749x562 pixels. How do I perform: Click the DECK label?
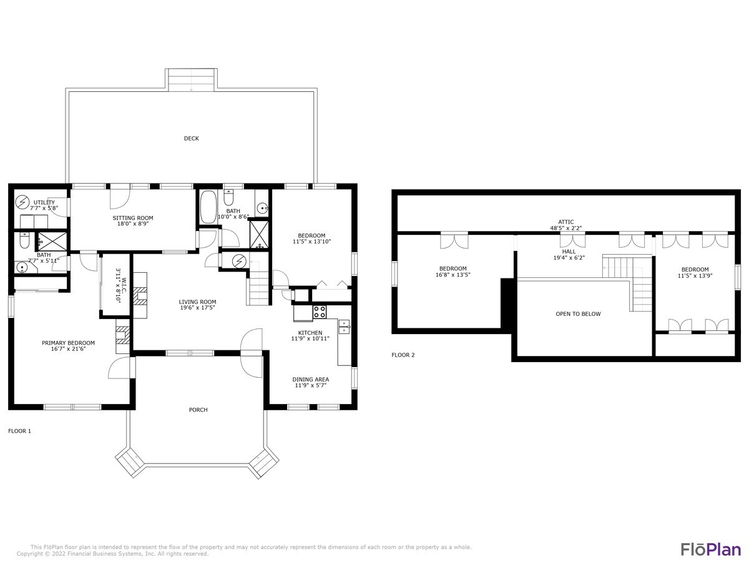pyautogui.click(x=191, y=139)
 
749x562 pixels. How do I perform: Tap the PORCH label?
pyautogui.click(x=198, y=410)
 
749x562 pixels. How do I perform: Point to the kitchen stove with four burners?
pyautogui.click(x=319, y=311)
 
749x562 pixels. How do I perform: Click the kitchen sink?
pyautogui.click(x=344, y=327)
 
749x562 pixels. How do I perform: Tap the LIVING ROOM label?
pyautogui.click(x=197, y=302)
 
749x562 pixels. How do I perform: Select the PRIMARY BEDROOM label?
pyautogui.click(x=68, y=343)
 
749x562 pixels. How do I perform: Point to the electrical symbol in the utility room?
pyautogui.click(x=22, y=202)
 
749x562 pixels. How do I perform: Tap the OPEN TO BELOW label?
pyautogui.click(x=578, y=314)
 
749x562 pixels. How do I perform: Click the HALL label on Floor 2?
pyautogui.click(x=569, y=251)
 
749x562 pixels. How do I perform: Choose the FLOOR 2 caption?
pyautogui.click(x=403, y=355)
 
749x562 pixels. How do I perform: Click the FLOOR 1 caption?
pyautogui.click(x=19, y=431)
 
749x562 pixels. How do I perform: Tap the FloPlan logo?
pyautogui.click(x=710, y=549)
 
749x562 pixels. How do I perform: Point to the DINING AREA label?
pyautogui.click(x=310, y=379)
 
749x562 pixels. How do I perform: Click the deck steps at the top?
pyautogui.click(x=192, y=80)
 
